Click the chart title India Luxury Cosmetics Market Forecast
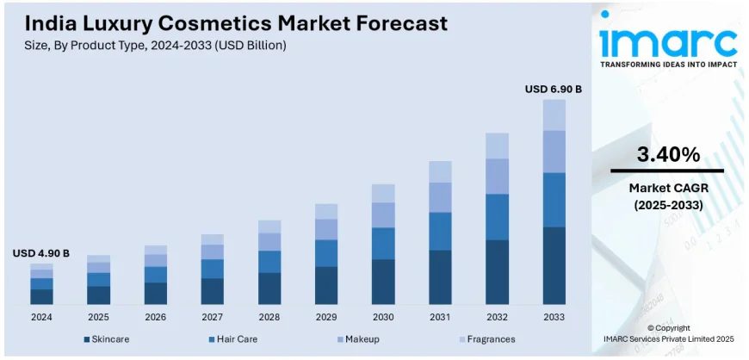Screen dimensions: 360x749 click(x=229, y=23)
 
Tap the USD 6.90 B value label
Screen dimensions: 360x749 click(x=554, y=89)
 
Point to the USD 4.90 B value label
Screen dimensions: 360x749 click(x=41, y=253)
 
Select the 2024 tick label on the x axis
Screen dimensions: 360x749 click(x=41, y=317)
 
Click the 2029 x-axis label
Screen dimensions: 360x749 click(x=325, y=317)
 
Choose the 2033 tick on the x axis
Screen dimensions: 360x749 click(x=554, y=317)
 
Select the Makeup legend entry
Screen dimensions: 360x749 click(x=362, y=339)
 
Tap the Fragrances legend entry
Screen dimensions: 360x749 click(x=486, y=339)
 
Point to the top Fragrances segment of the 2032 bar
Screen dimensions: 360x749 click(x=497, y=146)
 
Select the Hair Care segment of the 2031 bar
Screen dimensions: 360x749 click(x=440, y=231)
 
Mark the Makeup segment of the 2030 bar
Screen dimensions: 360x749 click(x=383, y=214)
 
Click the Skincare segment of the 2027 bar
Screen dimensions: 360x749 click(x=212, y=291)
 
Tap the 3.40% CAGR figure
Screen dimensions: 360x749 click(x=667, y=155)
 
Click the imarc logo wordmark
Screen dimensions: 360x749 click(x=668, y=40)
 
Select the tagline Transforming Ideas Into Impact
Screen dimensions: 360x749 click(x=668, y=65)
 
